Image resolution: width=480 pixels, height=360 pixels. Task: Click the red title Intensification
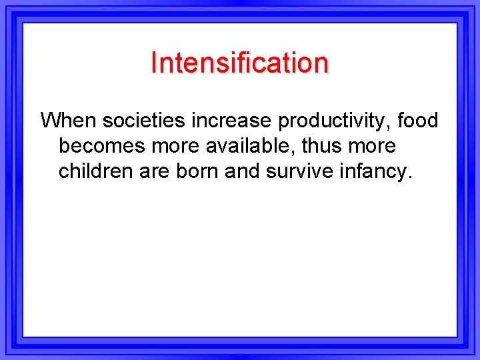click(239, 63)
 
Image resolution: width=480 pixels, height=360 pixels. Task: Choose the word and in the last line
click(243, 171)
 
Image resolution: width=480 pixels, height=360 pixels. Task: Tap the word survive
click(301, 171)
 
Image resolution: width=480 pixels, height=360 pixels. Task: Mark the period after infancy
click(410, 178)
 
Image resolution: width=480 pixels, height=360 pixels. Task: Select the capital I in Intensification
click(154, 63)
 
